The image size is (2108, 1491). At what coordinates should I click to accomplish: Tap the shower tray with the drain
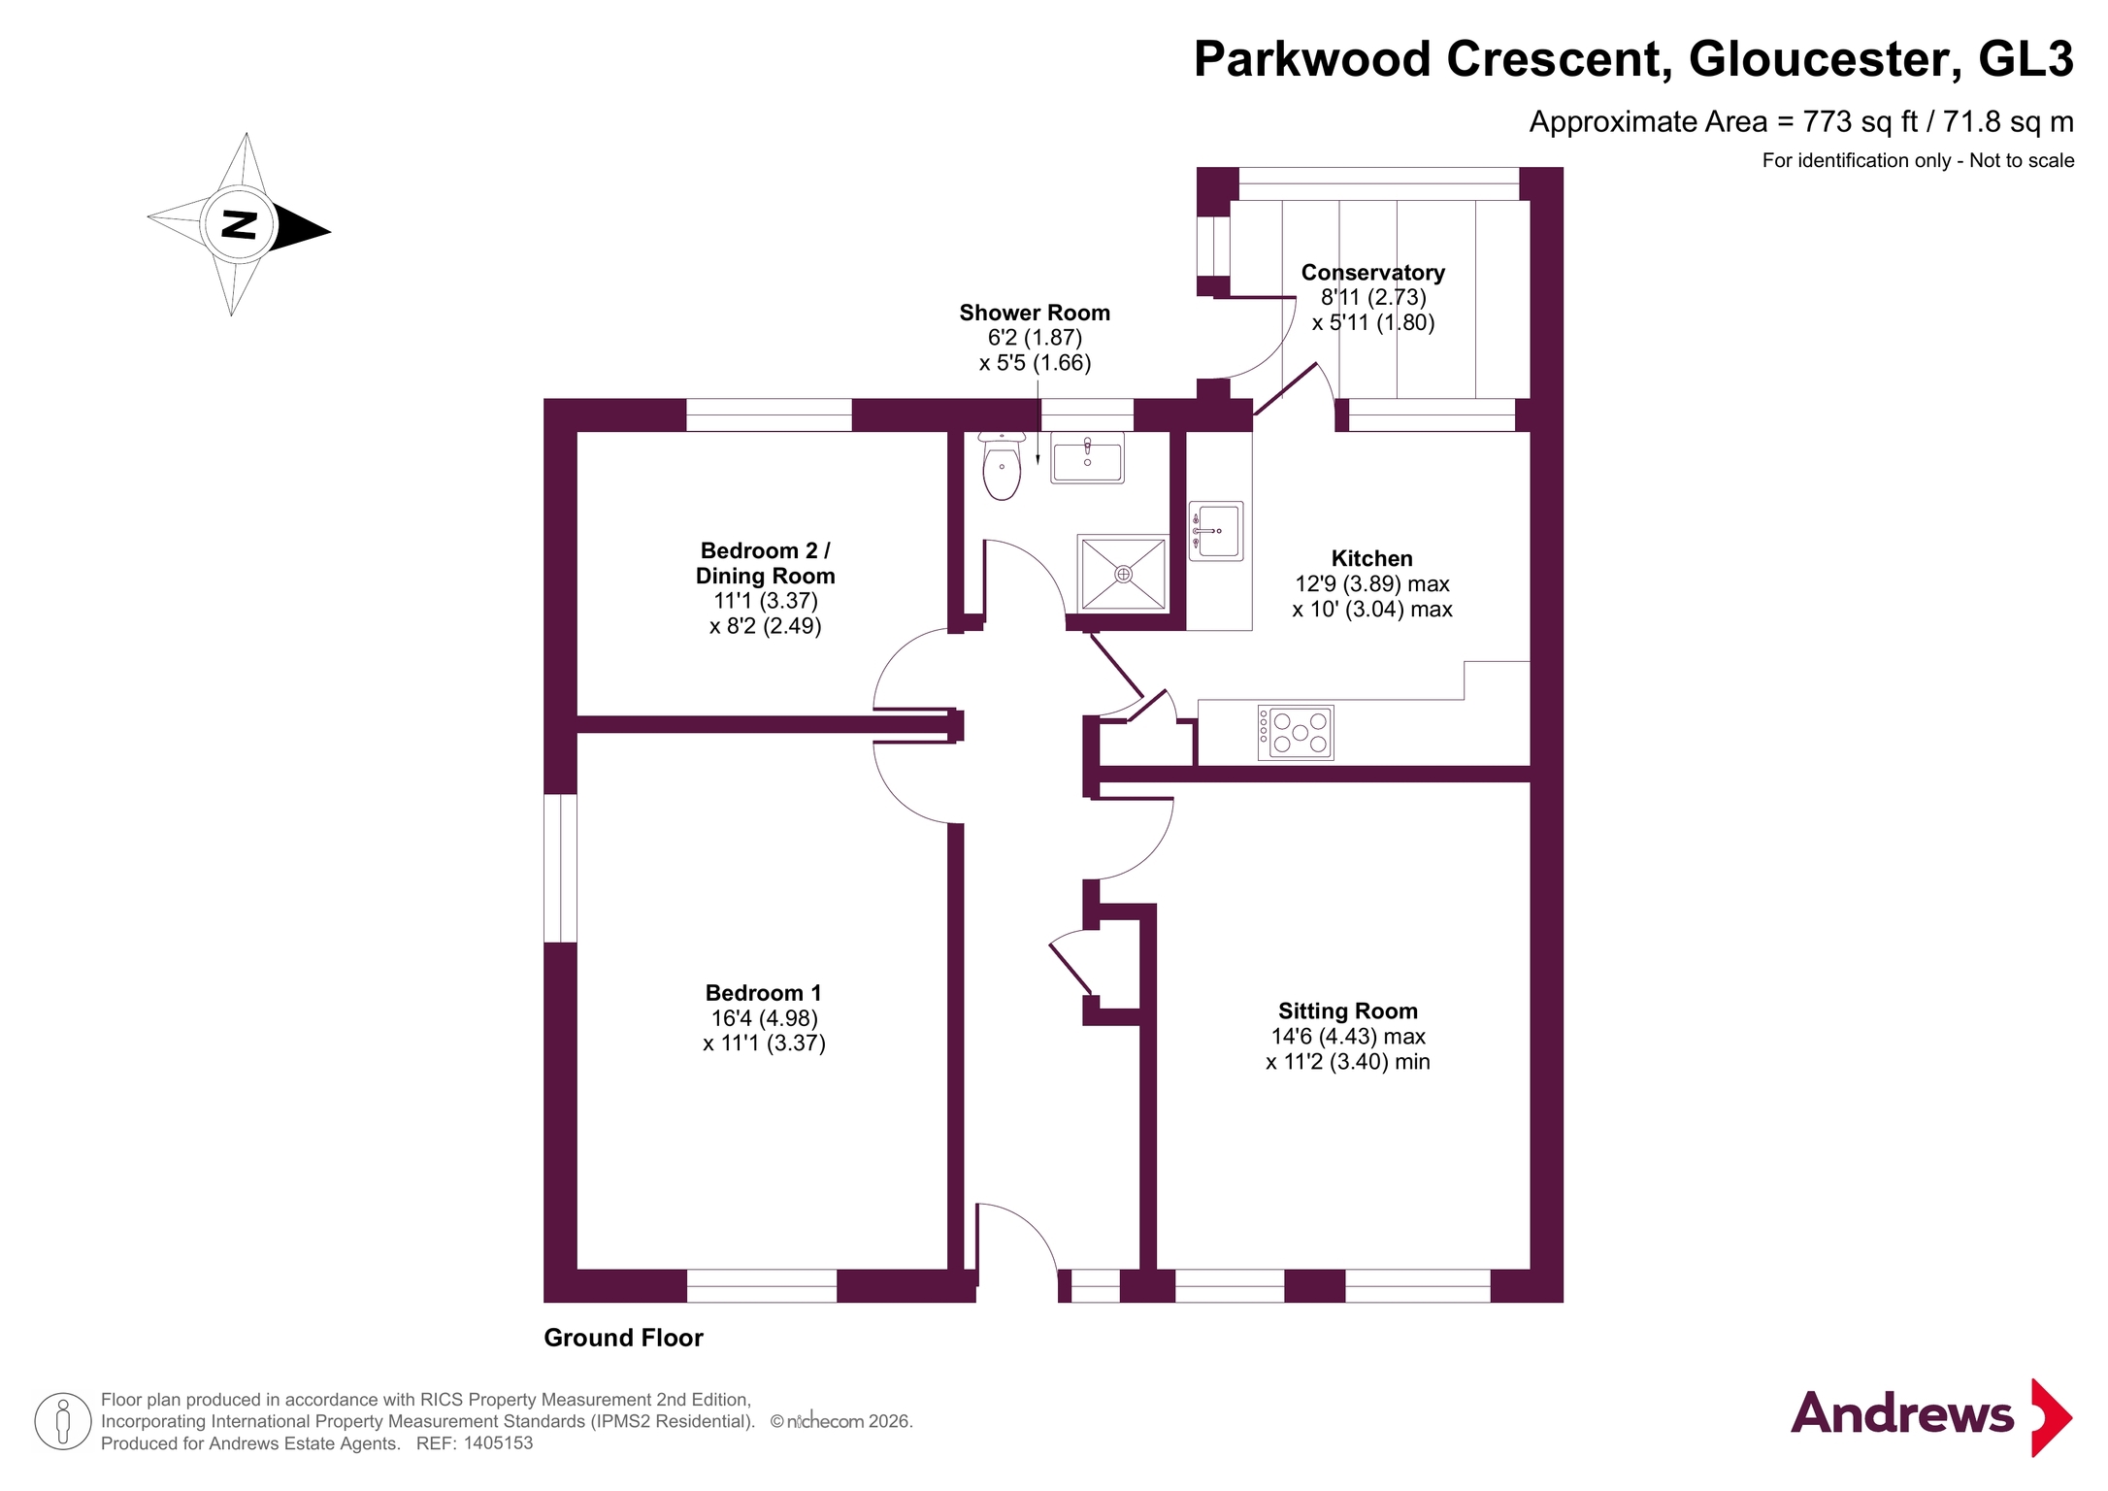click(x=1123, y=574)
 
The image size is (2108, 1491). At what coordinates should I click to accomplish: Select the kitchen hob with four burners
click(x=1296, y=732)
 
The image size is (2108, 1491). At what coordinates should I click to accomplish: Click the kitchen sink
click(x=1216, y=531)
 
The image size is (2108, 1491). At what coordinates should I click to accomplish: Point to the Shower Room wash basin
click(x=1088, y=457)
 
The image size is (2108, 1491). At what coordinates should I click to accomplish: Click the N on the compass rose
click(x=239, y=224)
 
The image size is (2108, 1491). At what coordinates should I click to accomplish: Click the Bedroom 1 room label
click(x=764, y=993)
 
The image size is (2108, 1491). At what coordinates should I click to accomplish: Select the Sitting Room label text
click(x=1348, y=1011)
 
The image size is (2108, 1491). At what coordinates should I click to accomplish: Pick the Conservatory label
click(x=1373, y=273)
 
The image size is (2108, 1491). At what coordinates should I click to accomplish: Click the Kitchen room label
click(x=1372, y=558)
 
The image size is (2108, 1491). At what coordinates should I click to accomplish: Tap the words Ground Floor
click(x=623, y=1338)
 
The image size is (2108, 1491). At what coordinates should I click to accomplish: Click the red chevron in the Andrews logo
click(x=2052, y=1417)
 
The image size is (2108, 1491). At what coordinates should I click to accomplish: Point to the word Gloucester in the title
click(x=1818, y=59)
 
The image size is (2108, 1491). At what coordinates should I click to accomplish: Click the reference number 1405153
click(x=499, y=1443)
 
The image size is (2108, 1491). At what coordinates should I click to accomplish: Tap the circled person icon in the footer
click(x=63, y=1421)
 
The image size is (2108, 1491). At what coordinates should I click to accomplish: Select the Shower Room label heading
click(x=1035, y=313)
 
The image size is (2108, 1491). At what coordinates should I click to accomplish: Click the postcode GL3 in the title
click(x=2026, y=59)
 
